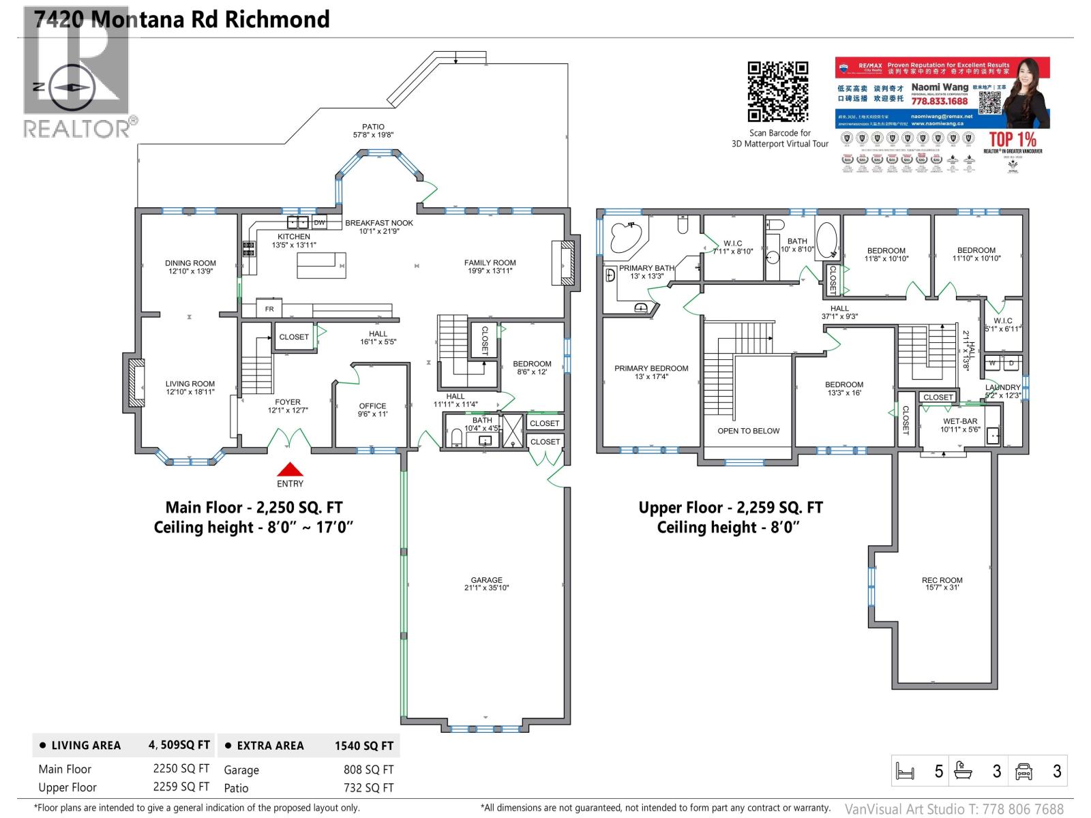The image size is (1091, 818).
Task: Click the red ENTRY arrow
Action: click(x=290, y=469)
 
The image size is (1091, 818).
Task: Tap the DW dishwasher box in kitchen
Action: click(x=319, y=223)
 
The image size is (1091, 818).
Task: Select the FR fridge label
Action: click(x=269, y=309)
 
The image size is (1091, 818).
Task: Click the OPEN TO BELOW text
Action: click(x=748, y=431)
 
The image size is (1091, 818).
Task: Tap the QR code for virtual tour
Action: click(x=778, y=92)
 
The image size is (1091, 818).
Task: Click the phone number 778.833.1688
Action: click(x=939, y=101)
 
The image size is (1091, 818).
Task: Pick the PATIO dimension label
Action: click(x=373, y=131)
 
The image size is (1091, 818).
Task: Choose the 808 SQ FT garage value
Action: click(x=368, y=770)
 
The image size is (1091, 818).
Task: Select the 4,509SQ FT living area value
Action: click(x=179, y=745)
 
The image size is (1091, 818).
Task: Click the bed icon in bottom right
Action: click(x=905, y=772)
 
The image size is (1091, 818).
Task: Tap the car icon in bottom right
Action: click(x=1023, y=772)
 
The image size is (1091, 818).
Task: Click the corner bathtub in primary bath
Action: click(x=625, y=237)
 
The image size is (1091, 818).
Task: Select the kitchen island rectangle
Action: click(x=321, y=264)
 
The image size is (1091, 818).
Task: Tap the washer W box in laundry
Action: click(x=992, y=363)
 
